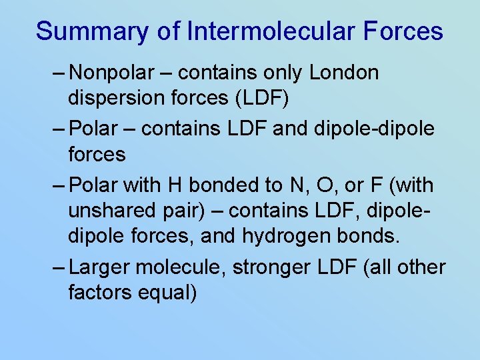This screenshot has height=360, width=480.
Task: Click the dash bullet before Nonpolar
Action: (58, 73)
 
